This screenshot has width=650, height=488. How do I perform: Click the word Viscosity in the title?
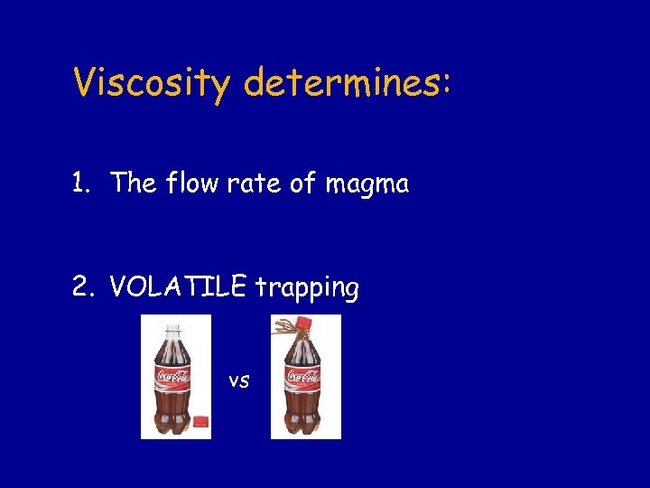[153, 84]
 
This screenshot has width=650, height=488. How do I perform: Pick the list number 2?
[82, 288]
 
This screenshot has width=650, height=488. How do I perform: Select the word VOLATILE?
[178, 287]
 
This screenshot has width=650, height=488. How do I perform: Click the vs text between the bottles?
[238, 380]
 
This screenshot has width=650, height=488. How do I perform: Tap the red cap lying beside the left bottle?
[200, 421]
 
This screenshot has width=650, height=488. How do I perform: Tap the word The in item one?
[135, 184]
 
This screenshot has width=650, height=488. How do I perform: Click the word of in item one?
[302, 184]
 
